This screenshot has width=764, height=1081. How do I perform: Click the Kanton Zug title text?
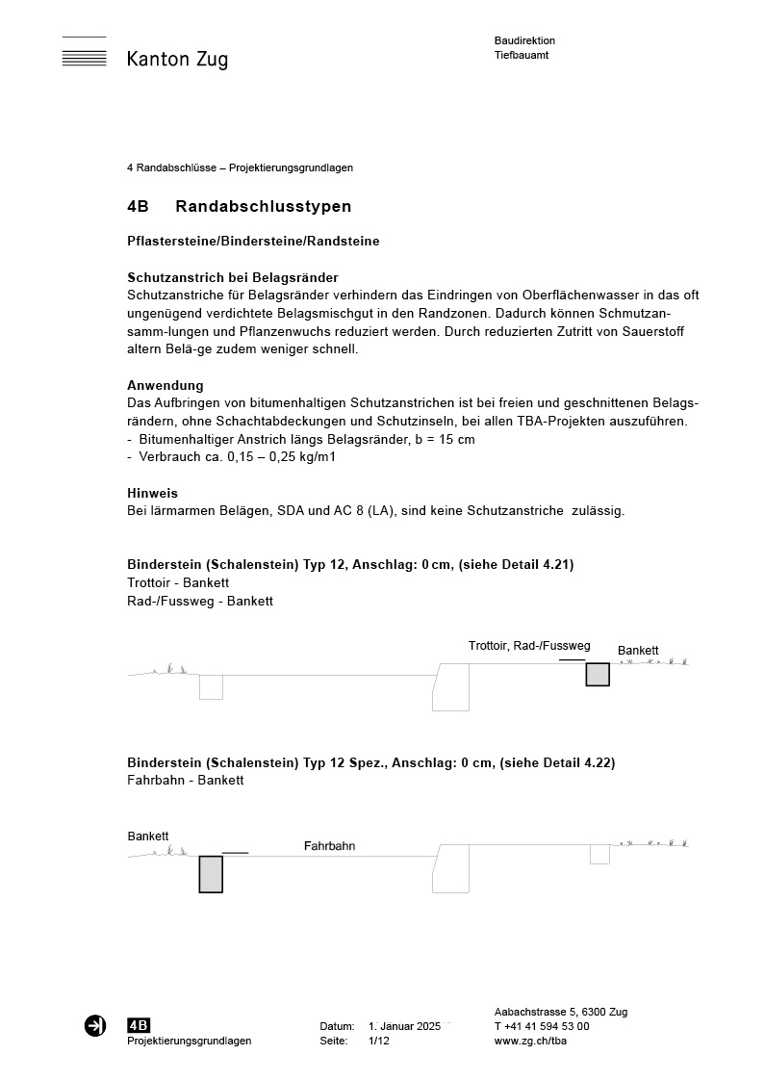pyautogui.click(x=177, y=60)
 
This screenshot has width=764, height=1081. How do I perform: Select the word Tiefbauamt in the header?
pyautogui.click(x=522, y=56)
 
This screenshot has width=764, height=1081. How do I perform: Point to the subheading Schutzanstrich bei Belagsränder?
pyautogui.click(x=233, y=277)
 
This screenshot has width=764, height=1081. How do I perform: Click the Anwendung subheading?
pyautogui.click(x=166, y=385)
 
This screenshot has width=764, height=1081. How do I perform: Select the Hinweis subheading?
pyautogui.click(x=152, y=493)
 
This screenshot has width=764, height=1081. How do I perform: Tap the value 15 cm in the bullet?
pyautogui.click(x=455, y=439)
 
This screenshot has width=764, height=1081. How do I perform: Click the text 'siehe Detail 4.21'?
pyautogui.click(x=522, y=565)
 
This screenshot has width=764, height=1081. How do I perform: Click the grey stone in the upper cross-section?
pyautogui.click(x=598, y=674)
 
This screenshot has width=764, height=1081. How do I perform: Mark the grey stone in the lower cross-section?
pyautogui.click(x=211, y=874)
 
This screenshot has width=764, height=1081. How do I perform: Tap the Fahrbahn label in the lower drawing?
pyautogui.click(x=329, y=846)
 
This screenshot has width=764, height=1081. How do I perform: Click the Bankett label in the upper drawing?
pyautogui.click(x=638, y=651)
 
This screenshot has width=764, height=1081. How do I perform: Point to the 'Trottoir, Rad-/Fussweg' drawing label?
pyautogui.click(x=529, y=645)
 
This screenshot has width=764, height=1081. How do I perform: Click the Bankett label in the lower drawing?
pyautogui.click(x=148, y=836)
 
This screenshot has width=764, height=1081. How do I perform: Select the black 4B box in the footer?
pyautogui.click(x=139, y=1025)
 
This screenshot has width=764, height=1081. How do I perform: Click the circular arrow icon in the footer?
pyautogui.click(x=95, y=1026)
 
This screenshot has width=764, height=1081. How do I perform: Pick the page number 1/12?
pyautogui.click(x=378, y=1041)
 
